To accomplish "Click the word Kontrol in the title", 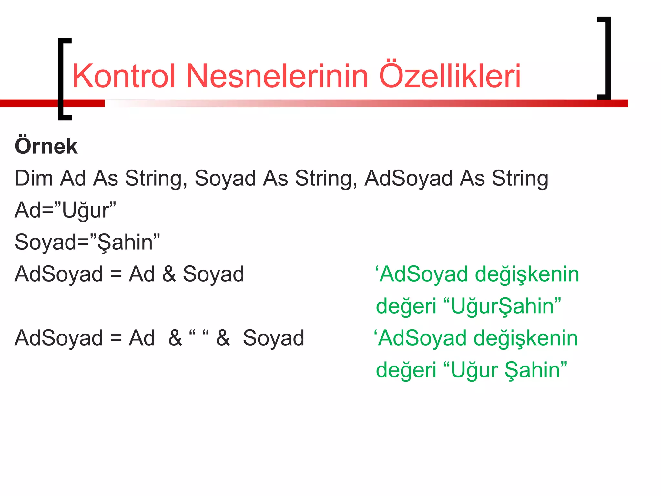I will point(124,76).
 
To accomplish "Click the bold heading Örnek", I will point(46,146).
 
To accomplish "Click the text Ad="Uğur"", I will point(65,210).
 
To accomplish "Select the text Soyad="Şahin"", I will point(87,242).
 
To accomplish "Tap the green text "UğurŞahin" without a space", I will point(502,306).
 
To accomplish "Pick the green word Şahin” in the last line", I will point(535,370).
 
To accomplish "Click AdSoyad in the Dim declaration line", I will point(408,178).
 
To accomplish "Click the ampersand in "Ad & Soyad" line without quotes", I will point(169,274).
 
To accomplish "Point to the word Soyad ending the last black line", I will point(273,338).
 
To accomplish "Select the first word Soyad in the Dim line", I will point(225,178).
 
